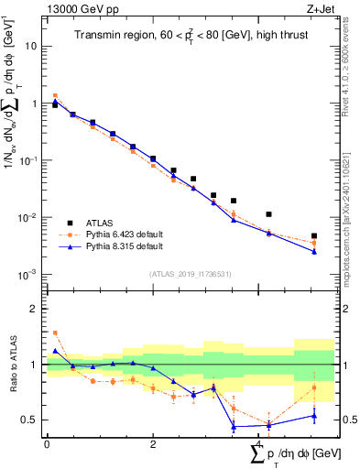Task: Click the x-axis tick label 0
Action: click(x=47, y=444)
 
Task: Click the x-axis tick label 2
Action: click(x=153, y=444)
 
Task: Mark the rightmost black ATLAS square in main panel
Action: click(x=314, y=236)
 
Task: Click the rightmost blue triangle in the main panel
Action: click(x=314, y=251)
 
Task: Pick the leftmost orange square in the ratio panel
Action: click(x=55, y=333)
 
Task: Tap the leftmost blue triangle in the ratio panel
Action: click(x=55, y=350)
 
